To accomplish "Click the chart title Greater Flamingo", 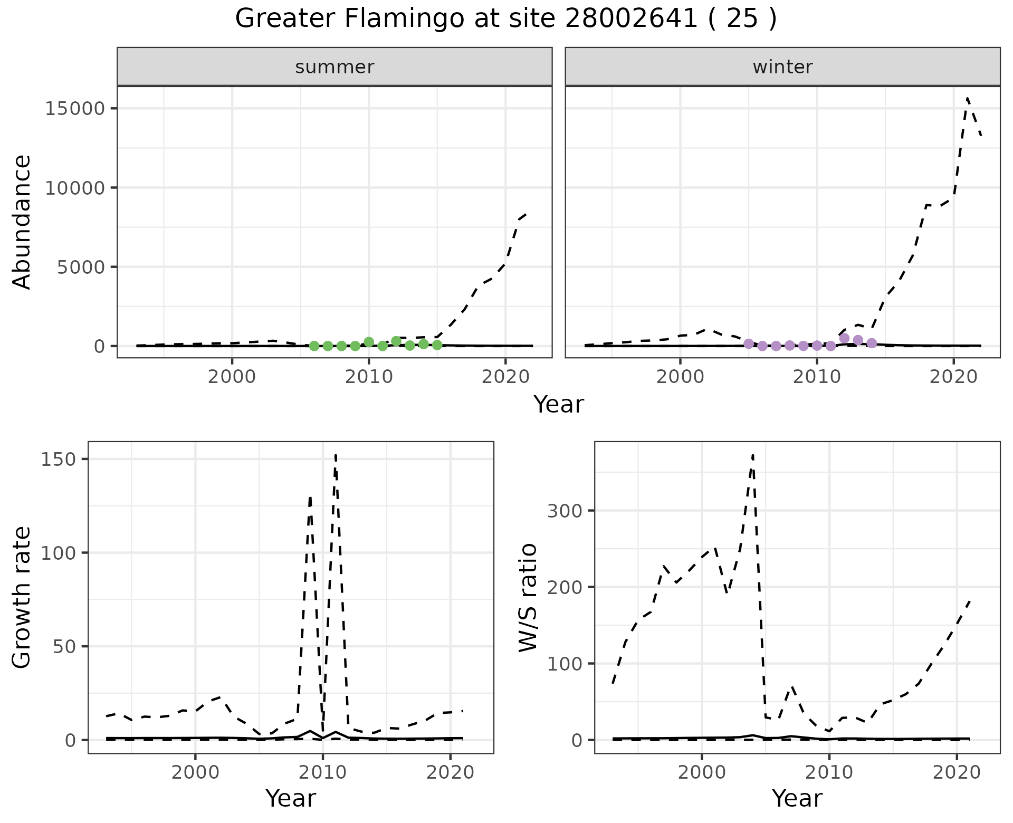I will [505, 19].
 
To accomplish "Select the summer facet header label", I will [335, 67].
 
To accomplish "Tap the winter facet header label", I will [782, 67].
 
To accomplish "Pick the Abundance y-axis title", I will [22, 222].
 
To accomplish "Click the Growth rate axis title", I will [22, 597].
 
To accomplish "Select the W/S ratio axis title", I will [528, 597].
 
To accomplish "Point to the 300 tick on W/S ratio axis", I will [563, 511].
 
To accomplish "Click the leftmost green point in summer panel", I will [314, 346].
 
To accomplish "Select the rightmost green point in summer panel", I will [437, 345].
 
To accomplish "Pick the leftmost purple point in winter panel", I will [748, 344].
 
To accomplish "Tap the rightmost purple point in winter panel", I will [872, 343].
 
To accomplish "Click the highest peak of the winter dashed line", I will [967, 98].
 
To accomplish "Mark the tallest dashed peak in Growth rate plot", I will [336, 455].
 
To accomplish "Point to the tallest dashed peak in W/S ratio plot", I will [753, 455].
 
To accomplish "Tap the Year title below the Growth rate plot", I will [291, 798].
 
